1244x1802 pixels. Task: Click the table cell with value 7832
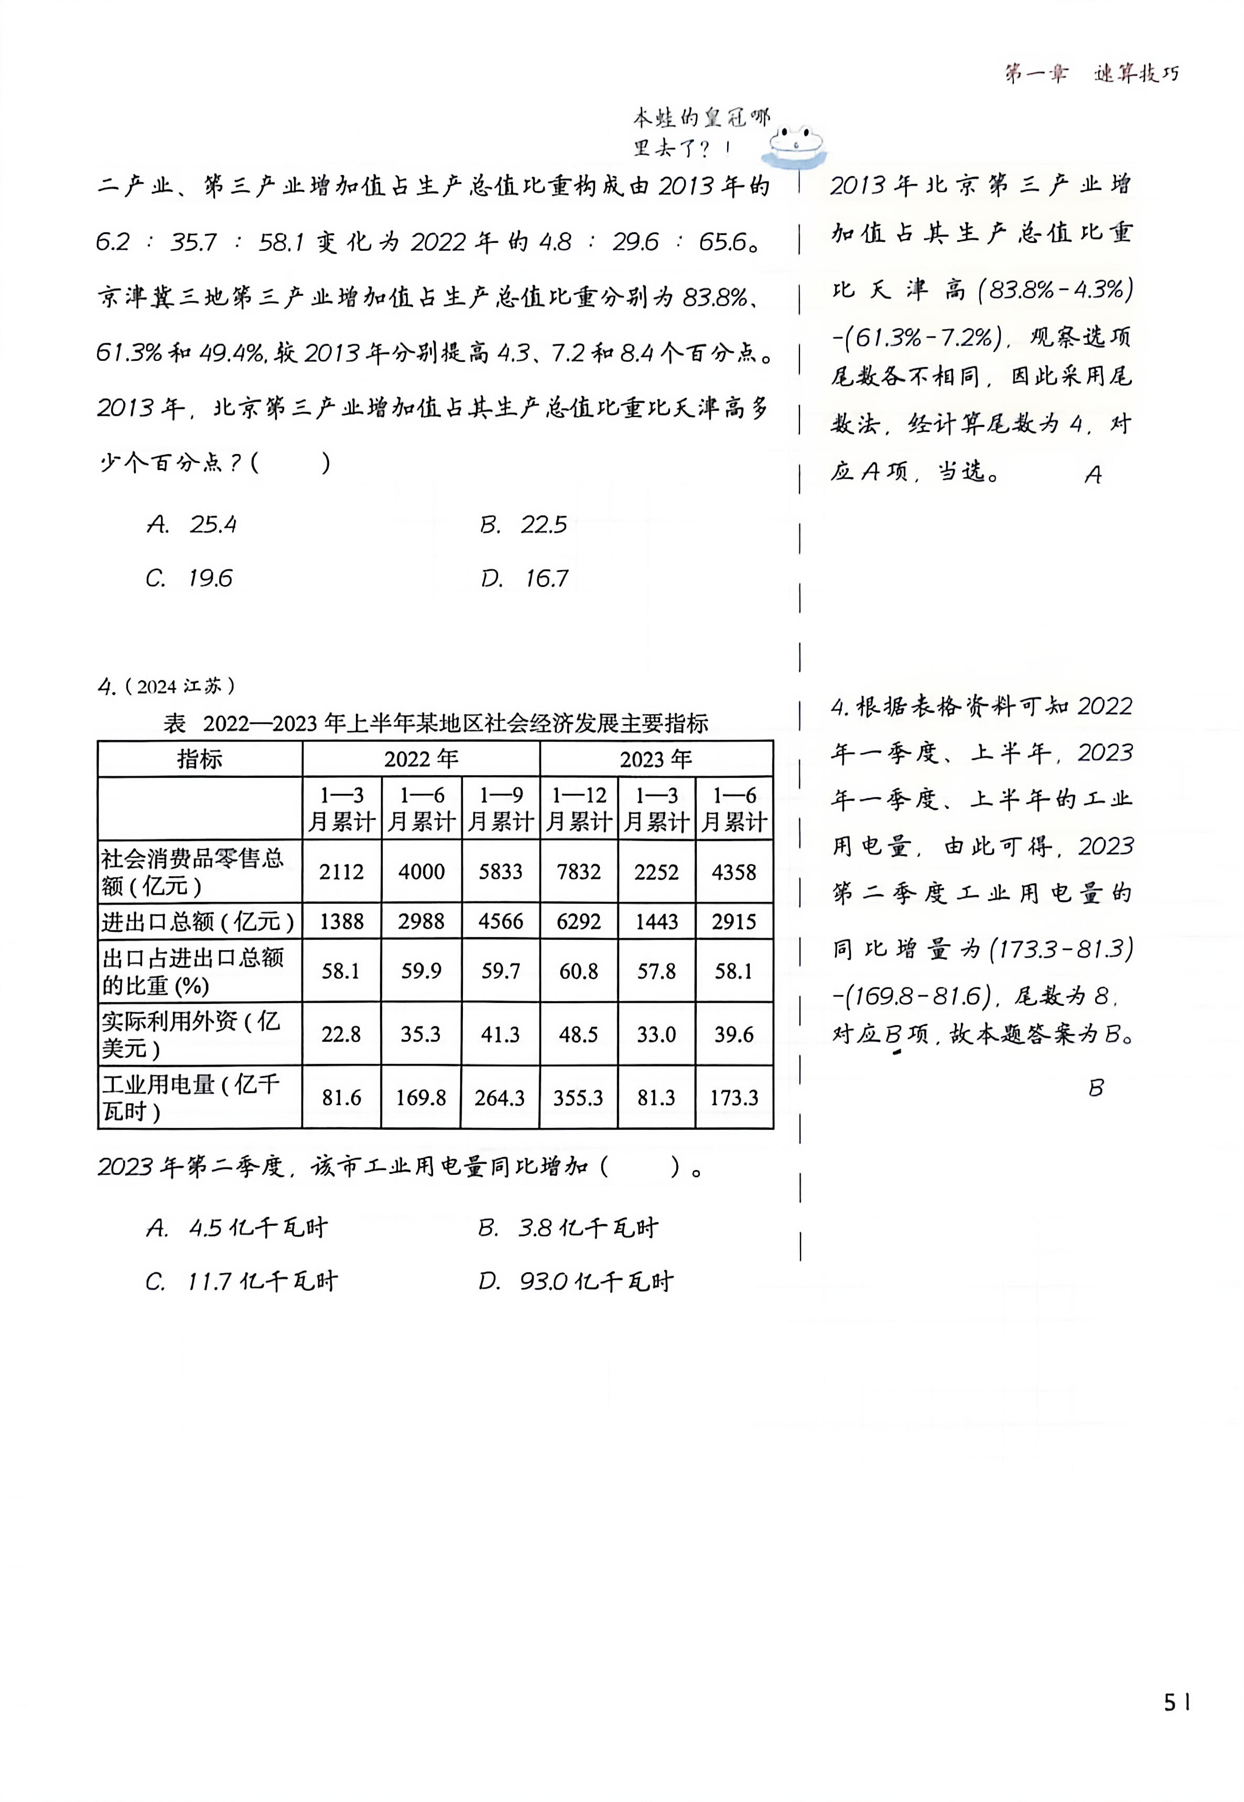point(578,872)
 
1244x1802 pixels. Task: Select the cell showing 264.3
point(500,1098)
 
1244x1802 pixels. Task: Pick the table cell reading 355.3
point(578,1098)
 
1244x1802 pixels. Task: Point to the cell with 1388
point(341,921)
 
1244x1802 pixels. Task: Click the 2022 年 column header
point(421,759)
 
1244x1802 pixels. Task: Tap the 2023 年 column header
point(656,759)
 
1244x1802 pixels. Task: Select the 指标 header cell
point(200,759)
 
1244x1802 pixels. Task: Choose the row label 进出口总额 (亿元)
point(198,921)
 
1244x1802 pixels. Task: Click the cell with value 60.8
point(578,971)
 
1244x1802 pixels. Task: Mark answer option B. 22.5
point(523,525)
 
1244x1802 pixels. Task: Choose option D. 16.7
point(525,578)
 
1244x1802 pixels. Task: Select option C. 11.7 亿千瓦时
point(242,1282)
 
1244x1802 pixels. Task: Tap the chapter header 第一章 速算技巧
point(1091,74)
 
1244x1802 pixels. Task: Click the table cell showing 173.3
point(733,1098)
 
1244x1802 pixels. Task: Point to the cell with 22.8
point(341,1034)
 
